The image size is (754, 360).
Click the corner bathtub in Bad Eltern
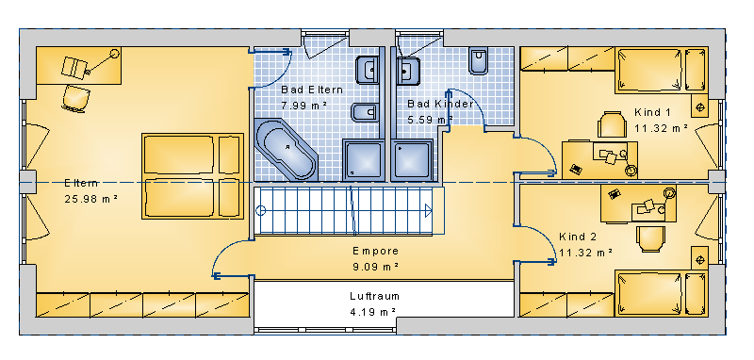pos(286,150)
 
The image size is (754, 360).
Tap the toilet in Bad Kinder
pos(479,61)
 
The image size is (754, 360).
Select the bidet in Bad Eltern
pos(365,112)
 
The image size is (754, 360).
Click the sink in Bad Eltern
pos(367,70)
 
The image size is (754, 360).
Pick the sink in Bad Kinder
pos(408,71)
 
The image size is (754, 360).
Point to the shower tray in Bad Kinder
pos(412,160)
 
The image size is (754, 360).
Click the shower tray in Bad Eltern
pos(363,160)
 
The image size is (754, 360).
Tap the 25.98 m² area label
pos(91,199)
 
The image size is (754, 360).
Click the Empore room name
pos(375,251)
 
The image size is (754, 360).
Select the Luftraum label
pos(374,296)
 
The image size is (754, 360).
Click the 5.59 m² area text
pos(431,120)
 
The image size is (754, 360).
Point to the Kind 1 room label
pos(652,112)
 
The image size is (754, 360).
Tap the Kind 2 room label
pos(578,237)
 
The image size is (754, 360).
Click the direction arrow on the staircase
pos(429,210)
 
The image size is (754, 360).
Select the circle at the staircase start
pos(261,210)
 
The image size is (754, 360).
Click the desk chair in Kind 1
pos(612,124)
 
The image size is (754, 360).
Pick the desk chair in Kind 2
pos(650,238)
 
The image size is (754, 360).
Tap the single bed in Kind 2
pos(663,293)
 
